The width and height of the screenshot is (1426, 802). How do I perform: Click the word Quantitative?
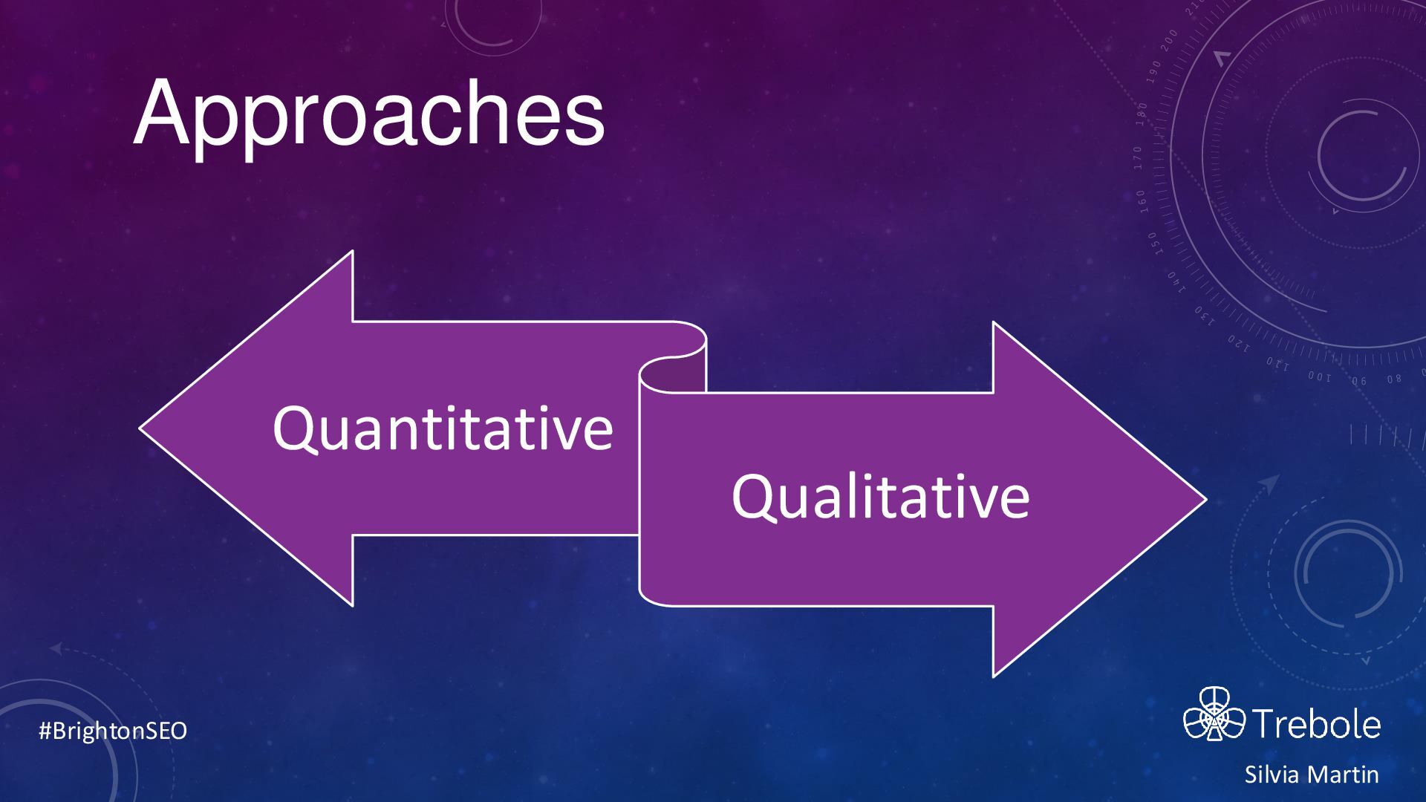443,429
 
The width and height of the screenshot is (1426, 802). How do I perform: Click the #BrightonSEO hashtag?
113,731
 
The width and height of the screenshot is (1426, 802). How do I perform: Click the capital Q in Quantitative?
293,429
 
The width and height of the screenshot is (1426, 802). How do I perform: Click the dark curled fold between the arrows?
673,374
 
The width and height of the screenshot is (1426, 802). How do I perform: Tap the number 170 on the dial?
1137,158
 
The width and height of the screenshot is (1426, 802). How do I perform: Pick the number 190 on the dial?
1153,70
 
